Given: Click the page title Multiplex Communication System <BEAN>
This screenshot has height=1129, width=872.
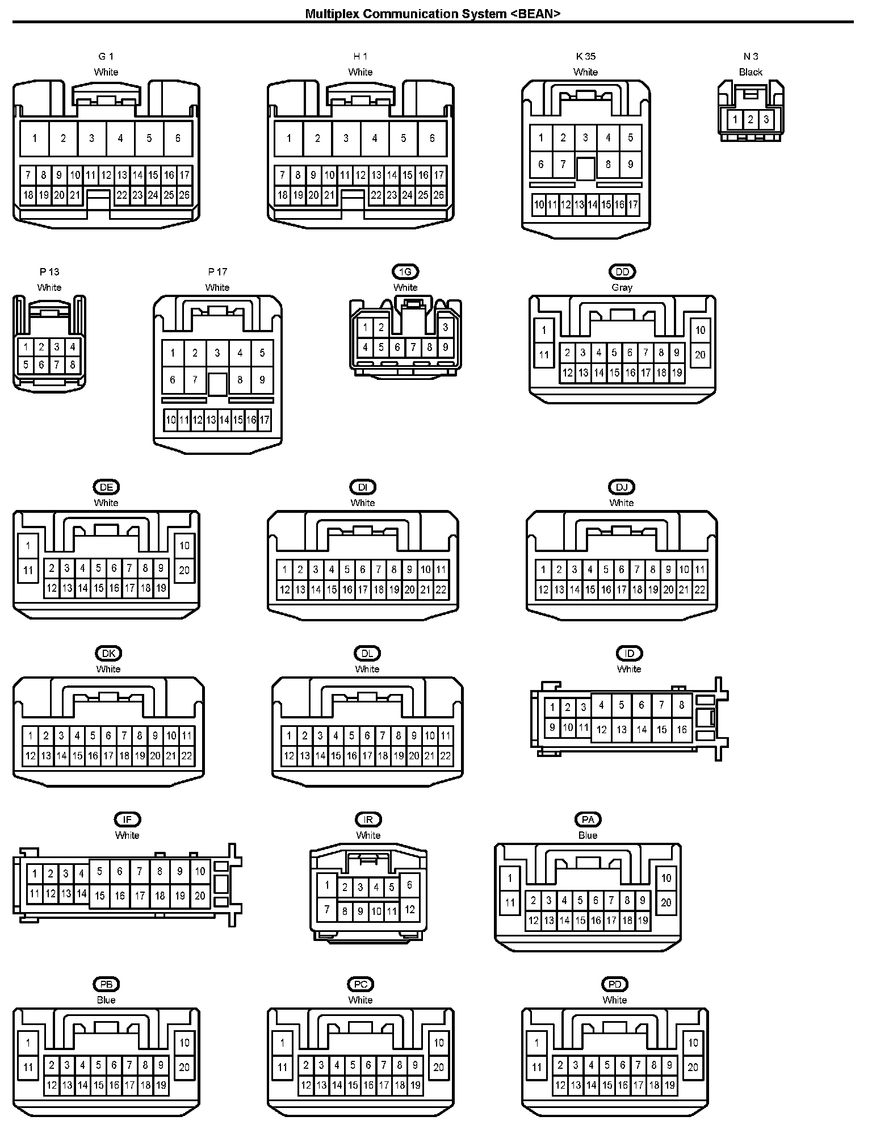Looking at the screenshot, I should pyautogui.click(x=433, y=14).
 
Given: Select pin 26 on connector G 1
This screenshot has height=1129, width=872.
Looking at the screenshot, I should pyautogui.click(x=184, y=195).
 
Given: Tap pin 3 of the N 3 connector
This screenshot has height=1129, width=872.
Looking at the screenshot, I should pyautogui.click(x=766, y=119).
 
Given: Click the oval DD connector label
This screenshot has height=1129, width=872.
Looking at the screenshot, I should pyautogui.click(x=622, y=271).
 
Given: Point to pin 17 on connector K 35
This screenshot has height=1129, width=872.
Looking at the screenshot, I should pyautogui.click(x=633, y=204).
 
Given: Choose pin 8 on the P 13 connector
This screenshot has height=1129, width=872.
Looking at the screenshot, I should pyautogui.click(x=72, y=365).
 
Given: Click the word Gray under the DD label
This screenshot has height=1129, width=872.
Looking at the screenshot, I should pyautogui.click(x=622, y=287).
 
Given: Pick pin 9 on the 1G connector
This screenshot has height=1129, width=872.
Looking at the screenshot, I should pyautogui.click(x=445, y=347).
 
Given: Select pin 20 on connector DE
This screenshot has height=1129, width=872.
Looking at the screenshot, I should pyautogui.click(x=185, y=570).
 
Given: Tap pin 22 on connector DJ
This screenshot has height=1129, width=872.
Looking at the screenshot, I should pyautogui.click(x=700, y=590).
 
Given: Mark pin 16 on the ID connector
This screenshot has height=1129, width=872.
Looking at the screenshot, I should pyautogui.click(x=682, y=730).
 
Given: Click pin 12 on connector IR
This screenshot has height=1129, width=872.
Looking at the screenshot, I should pyautogui.click(x=410, y=910).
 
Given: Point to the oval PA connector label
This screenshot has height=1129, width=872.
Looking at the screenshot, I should pyautogui.click(x=588, y=819).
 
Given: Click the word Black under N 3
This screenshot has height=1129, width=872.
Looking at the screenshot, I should pyautogui.click(x=751, y=72).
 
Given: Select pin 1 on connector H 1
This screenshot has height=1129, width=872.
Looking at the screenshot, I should pyautogui.click(x=289, y=138).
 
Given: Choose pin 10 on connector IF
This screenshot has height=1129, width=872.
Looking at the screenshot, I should pyautogui.click(x=200, y=871).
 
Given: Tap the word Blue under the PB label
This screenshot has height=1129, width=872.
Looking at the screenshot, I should pyautogui.click(x=106, y=1000).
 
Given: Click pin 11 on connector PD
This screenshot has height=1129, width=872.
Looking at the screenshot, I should pyautogui.click(x=537, y=1068).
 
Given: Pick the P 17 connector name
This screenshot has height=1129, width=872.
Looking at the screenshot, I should pyautogui.click(x=217, y=271).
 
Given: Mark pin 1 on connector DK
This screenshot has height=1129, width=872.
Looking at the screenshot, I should pyautogui.click(x=30, y=736).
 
